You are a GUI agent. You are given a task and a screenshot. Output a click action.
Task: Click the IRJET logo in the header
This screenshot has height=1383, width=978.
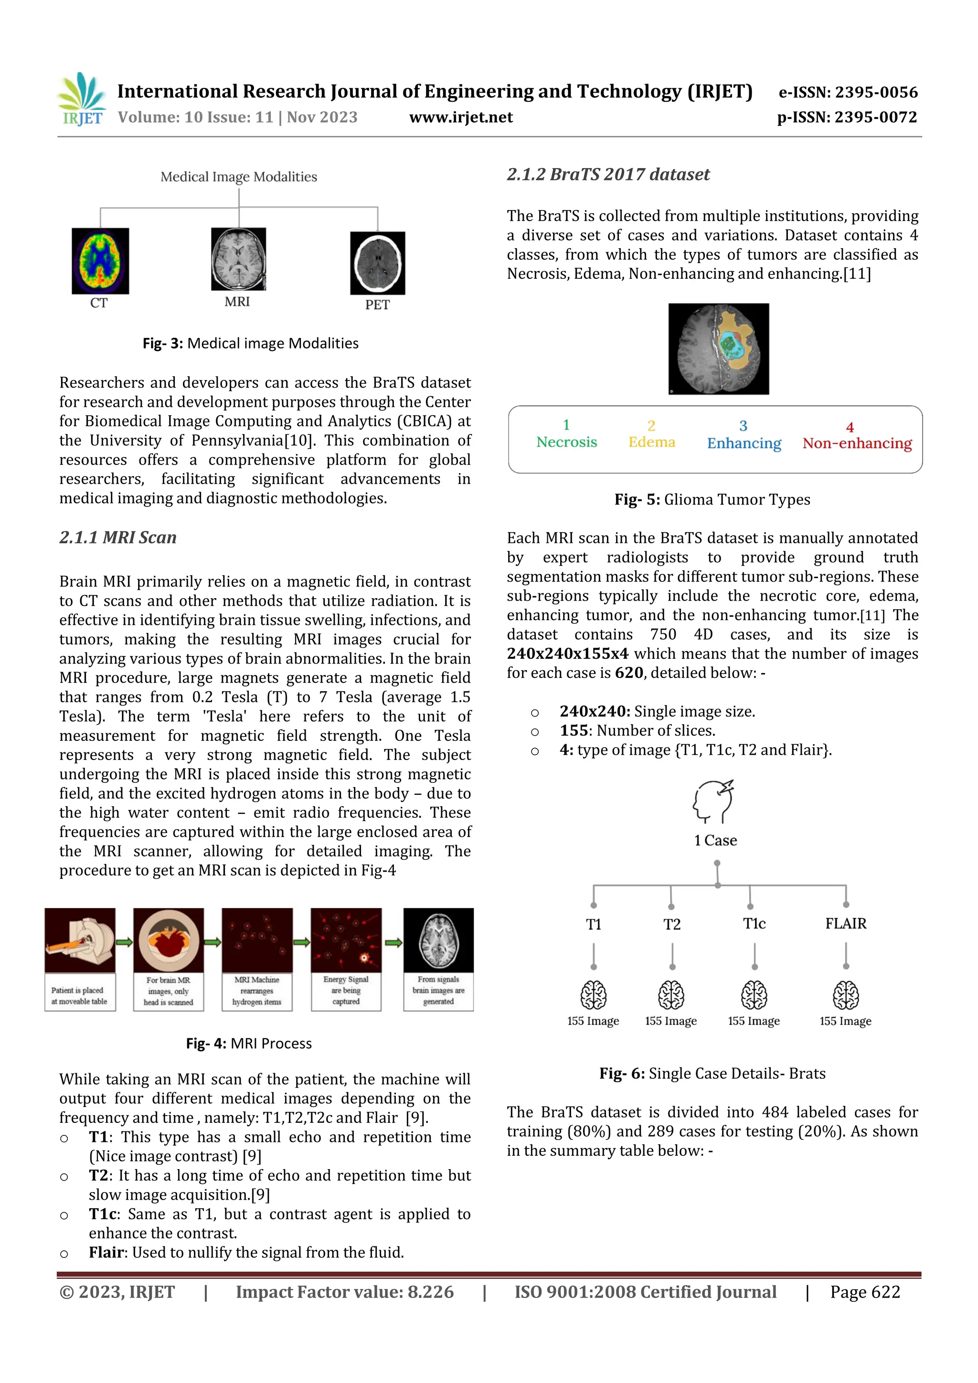[x=82, y=99]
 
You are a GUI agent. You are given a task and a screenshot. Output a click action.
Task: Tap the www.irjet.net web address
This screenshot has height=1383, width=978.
[x=461, y=117]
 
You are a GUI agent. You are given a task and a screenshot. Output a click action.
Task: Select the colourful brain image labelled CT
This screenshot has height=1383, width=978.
[x=100, y=261]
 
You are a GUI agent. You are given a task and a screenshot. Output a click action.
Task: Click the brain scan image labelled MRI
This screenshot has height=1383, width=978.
[x=239, y=259]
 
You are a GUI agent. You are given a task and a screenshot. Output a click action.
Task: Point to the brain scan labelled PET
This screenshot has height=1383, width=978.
[x=378, y=263]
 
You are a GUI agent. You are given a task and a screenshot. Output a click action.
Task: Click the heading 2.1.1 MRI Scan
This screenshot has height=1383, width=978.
[x=118, y=537]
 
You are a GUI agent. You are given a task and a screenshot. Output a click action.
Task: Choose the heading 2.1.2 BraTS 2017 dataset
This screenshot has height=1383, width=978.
[x=608, y=175]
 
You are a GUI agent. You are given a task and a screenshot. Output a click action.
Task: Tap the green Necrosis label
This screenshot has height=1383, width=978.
[x=566, y=442]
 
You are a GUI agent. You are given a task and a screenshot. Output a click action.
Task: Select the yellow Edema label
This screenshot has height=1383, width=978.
[x=651, y=442]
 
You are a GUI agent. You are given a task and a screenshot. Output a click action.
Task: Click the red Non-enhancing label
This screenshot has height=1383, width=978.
[x=857, y=443]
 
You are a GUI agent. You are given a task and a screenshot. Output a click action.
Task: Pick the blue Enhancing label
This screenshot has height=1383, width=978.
[x=744, y=443]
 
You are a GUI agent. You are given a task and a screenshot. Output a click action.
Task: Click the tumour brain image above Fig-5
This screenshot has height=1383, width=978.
[x=718, y=349]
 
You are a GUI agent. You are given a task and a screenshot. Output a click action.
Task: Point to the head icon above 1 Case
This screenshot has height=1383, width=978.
[x=713, y=802]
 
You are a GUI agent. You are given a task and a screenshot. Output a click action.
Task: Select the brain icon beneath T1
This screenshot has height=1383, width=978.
[x=594, y=995]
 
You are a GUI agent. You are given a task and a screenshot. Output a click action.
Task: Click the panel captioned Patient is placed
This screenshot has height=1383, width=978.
[x=80, y=959]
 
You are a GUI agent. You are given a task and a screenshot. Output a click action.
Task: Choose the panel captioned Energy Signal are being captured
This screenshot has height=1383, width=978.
[x=346, y=959]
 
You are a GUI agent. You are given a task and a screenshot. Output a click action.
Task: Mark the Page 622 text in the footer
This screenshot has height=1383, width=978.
[x=865, y=1292]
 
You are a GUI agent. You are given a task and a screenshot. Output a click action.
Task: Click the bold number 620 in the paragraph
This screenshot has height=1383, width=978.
[x=629, y=673]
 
